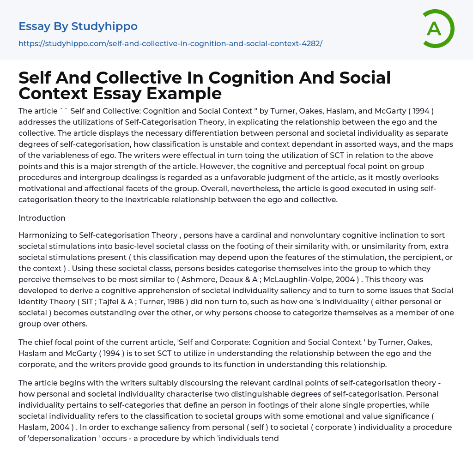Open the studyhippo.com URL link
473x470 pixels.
(x=170, y=43)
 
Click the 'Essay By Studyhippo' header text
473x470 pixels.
(x=78, y=26)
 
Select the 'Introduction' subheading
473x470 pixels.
(x=42, y=218)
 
